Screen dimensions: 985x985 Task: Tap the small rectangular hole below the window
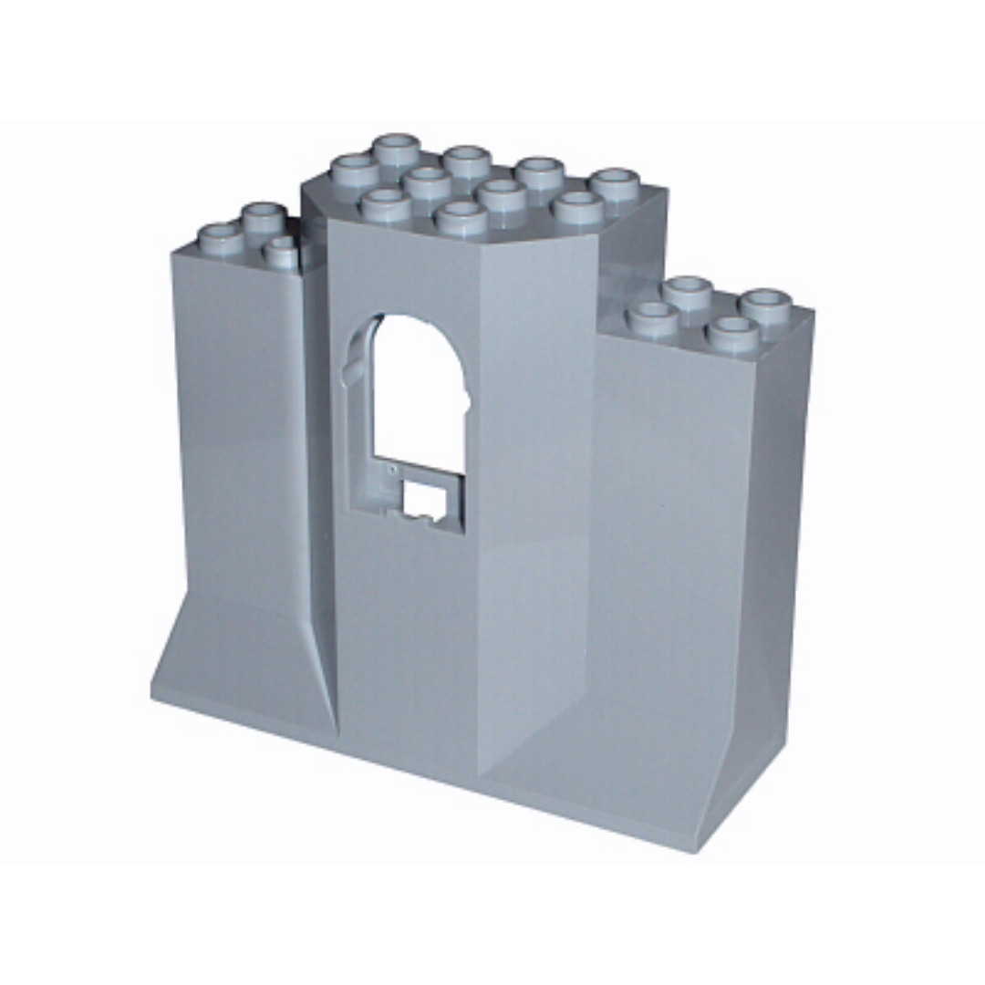tap(420, 501)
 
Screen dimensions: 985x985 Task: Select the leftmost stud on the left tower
tap(220, 238)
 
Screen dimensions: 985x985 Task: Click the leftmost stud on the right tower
tap(653, 318)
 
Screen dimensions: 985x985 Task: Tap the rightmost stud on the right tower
tap(764, 306)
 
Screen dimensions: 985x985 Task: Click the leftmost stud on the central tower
tap(354, 171)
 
